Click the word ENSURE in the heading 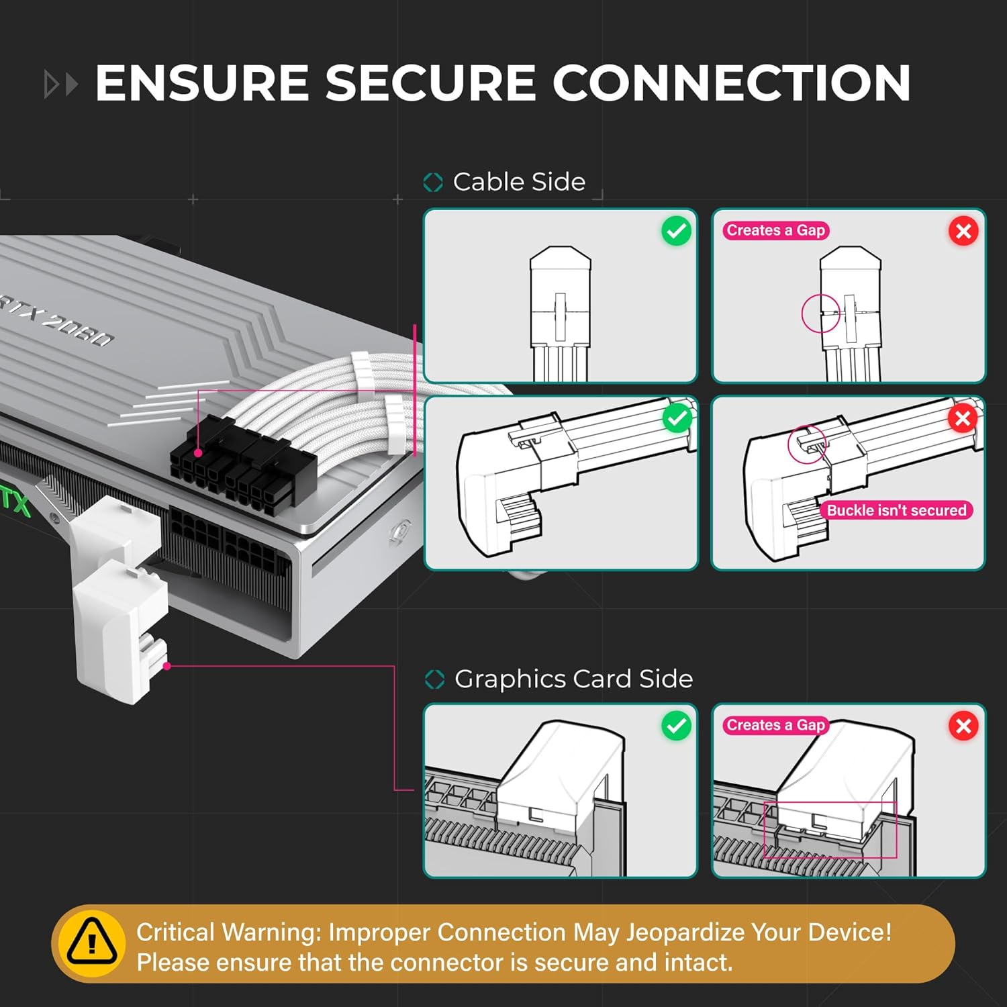pyautogui.click(x=201, y=83)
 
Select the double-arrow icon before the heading pyautogui.click(x=60, y=85)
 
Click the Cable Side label pyautogui.click(x=519, y=182)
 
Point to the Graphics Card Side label pyautogui.click(x=573, y=679)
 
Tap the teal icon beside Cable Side pyautogui.click(x=433, y=182)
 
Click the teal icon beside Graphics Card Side pyautogui.click(x=434, y=679)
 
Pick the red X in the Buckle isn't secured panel pyautogui.click(x=962, y=419)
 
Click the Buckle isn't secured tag pyautogui.click(x=896, y=510)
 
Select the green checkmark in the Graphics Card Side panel pyautogui.click(x=676, y=726)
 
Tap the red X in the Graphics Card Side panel pyautogui.click(x=963, y=726)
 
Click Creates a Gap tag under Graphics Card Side pyautogui.click(x=775, y=725)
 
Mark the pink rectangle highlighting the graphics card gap pyautogui.click(x=830, y=830)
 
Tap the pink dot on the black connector pyautogui.click(x=198, y=453)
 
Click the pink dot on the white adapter pyautogui.click(x=167, y=666)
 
